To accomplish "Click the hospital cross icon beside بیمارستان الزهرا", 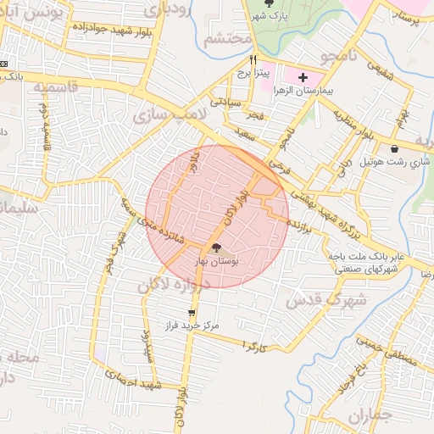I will (x=303, y=77).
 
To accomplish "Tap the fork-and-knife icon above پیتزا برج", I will (x=253, y=60).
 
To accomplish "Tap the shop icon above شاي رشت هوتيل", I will (x=395, y=149).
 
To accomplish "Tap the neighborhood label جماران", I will (x=371, y=417).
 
